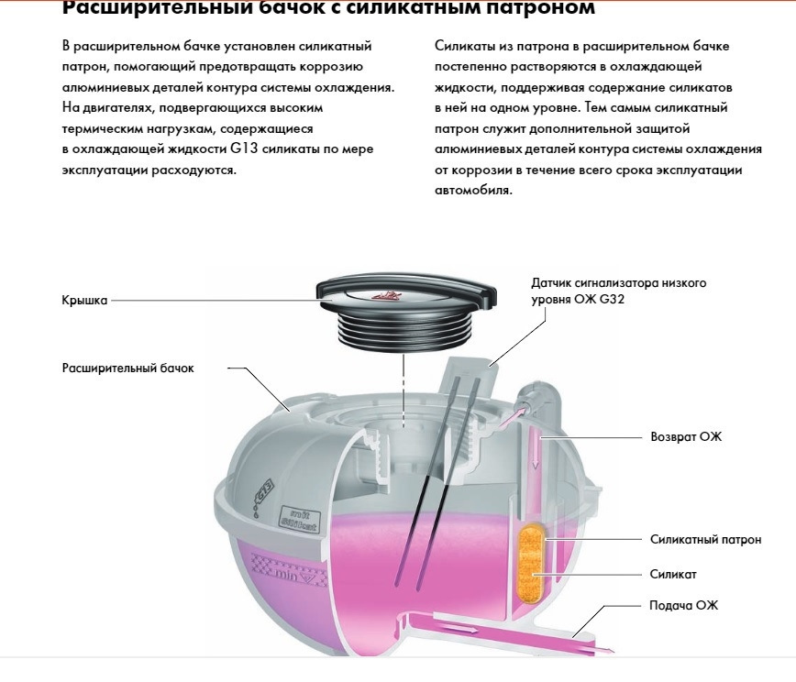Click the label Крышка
(84, 301)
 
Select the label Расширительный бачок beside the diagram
(128, 368)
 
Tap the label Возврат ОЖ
(686, 437)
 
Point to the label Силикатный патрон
(705, 539)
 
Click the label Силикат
(673, 575)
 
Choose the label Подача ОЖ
(684, 605)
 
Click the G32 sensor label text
(618, 291)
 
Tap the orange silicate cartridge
(532, 565)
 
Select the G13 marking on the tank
(264, 490)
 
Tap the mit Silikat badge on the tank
(299, 519)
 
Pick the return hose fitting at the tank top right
(538, 395)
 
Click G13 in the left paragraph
(244, 148)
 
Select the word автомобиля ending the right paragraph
(473, 191)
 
